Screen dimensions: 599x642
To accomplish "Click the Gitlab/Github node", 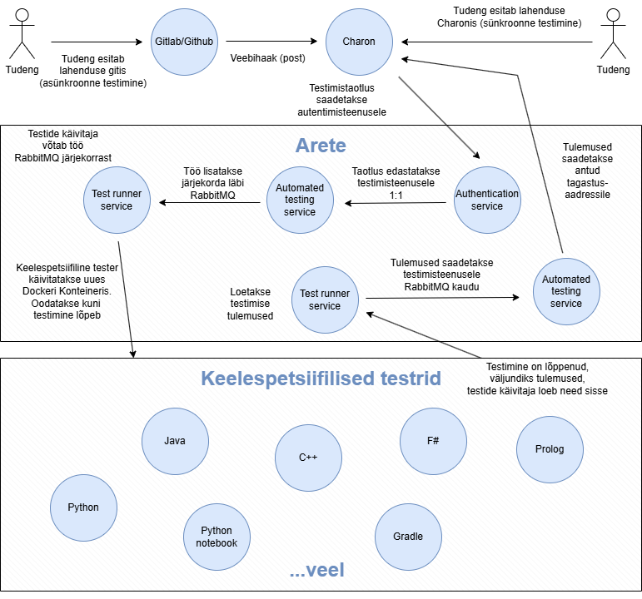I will (x=184, y=41).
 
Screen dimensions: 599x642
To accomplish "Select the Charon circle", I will (x=359, y=41).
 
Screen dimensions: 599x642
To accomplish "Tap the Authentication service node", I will (x=487, y=200).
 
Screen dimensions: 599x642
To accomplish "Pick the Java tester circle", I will (x=175, y=441).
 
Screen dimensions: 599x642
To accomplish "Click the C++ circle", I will (x=308, y=458).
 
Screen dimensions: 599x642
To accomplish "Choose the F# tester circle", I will (x=433, y=441).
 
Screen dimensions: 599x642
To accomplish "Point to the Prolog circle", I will (x=550, y=449).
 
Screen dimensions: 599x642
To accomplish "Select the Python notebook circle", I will (x=216, y=537).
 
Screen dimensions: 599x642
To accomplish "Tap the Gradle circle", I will (x=408, y=536).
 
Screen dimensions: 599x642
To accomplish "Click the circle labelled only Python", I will (x=83, y=507).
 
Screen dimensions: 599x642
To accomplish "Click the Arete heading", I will (x=321, y=146).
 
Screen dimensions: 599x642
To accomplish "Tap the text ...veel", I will (x=316, y=571).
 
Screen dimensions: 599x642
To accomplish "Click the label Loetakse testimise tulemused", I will (x=250, y=304).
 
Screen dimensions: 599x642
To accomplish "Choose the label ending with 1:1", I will (x=396, y=182).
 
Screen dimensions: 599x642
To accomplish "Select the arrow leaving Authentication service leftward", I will (x=396, y=202).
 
